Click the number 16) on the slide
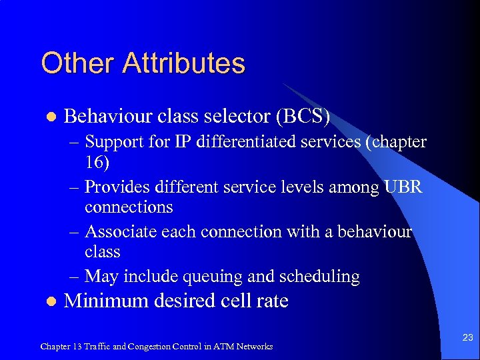pos(97,162)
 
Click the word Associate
pos(123,231)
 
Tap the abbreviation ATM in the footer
pos(229,347)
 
